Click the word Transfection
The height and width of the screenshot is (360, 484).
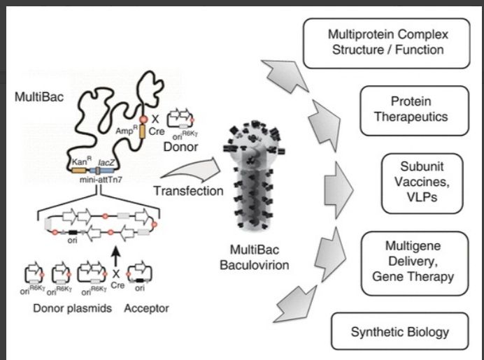[188, 190]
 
